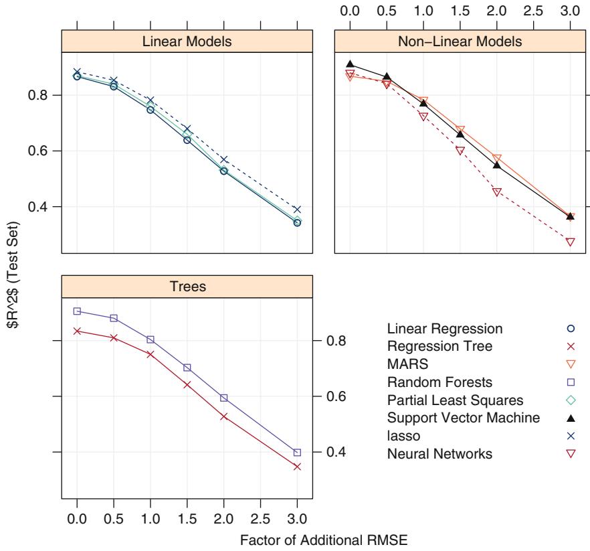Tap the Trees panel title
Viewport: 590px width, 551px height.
[187, 287]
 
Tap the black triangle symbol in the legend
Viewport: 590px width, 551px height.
[571, 418]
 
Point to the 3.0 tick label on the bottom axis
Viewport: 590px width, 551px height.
[298, 518]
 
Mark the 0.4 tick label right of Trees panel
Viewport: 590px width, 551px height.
[336, 452]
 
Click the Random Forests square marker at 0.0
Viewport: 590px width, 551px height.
[77, 311]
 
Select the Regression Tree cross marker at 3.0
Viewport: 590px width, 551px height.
[298, 467]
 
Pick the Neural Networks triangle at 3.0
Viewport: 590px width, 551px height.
[570, 242]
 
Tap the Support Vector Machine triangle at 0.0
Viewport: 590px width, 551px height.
[350, 64]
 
